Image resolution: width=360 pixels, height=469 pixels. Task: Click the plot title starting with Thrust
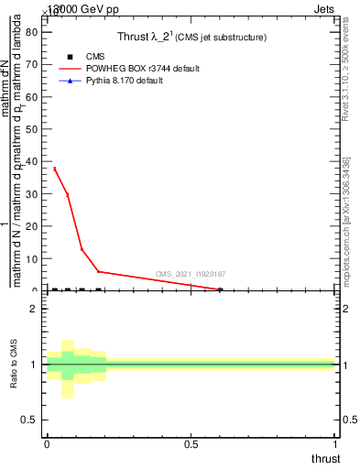point(191,38)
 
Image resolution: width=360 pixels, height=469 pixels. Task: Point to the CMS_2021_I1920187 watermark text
point(191,274)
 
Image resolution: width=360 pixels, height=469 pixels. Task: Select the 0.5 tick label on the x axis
point(191,443)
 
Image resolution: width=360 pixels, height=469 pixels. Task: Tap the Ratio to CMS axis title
point(14,365)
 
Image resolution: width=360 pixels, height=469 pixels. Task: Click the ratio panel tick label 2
point(33,310)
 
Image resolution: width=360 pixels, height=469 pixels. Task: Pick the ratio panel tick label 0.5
point(28,420)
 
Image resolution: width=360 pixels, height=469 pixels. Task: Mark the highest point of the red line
point(54,169)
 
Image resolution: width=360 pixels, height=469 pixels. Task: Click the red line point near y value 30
point(67,194)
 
